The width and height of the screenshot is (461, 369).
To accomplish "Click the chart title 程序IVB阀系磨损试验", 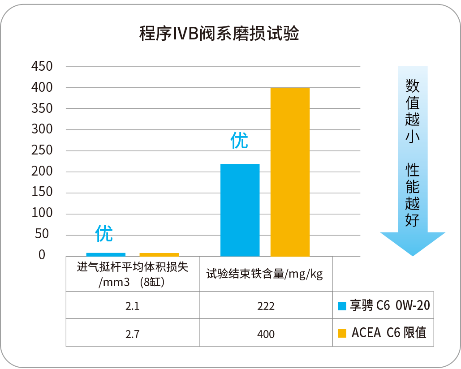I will coord(219,34).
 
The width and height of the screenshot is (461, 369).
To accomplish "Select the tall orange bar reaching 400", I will coord(290,172).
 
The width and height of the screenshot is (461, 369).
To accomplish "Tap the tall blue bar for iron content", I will coord(240,210).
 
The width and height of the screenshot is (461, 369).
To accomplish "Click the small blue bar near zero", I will coord(106,255).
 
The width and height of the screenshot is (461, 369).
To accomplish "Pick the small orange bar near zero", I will coord(159,255).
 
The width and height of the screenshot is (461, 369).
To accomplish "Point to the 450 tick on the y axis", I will coord(42,67).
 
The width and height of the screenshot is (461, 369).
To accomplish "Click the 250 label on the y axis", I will coord(42,150).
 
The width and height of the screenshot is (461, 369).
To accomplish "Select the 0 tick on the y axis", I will coord(42,255).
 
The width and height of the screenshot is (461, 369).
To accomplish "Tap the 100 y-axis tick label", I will coord(42,214).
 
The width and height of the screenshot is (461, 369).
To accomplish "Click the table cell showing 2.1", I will coord(132,306).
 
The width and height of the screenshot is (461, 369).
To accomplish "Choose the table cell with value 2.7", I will coord(132,334).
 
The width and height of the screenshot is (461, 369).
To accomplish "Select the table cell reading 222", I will coord(266,306).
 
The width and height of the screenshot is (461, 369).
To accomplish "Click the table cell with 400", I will coord(266,334).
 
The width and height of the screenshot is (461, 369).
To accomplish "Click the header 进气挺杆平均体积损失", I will coord(132,267).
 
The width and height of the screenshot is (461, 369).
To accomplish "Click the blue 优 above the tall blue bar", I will coord(239,141).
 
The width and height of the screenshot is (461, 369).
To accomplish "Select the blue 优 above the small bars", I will coord(104,233).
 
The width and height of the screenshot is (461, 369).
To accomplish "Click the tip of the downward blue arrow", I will coord(412,254).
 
